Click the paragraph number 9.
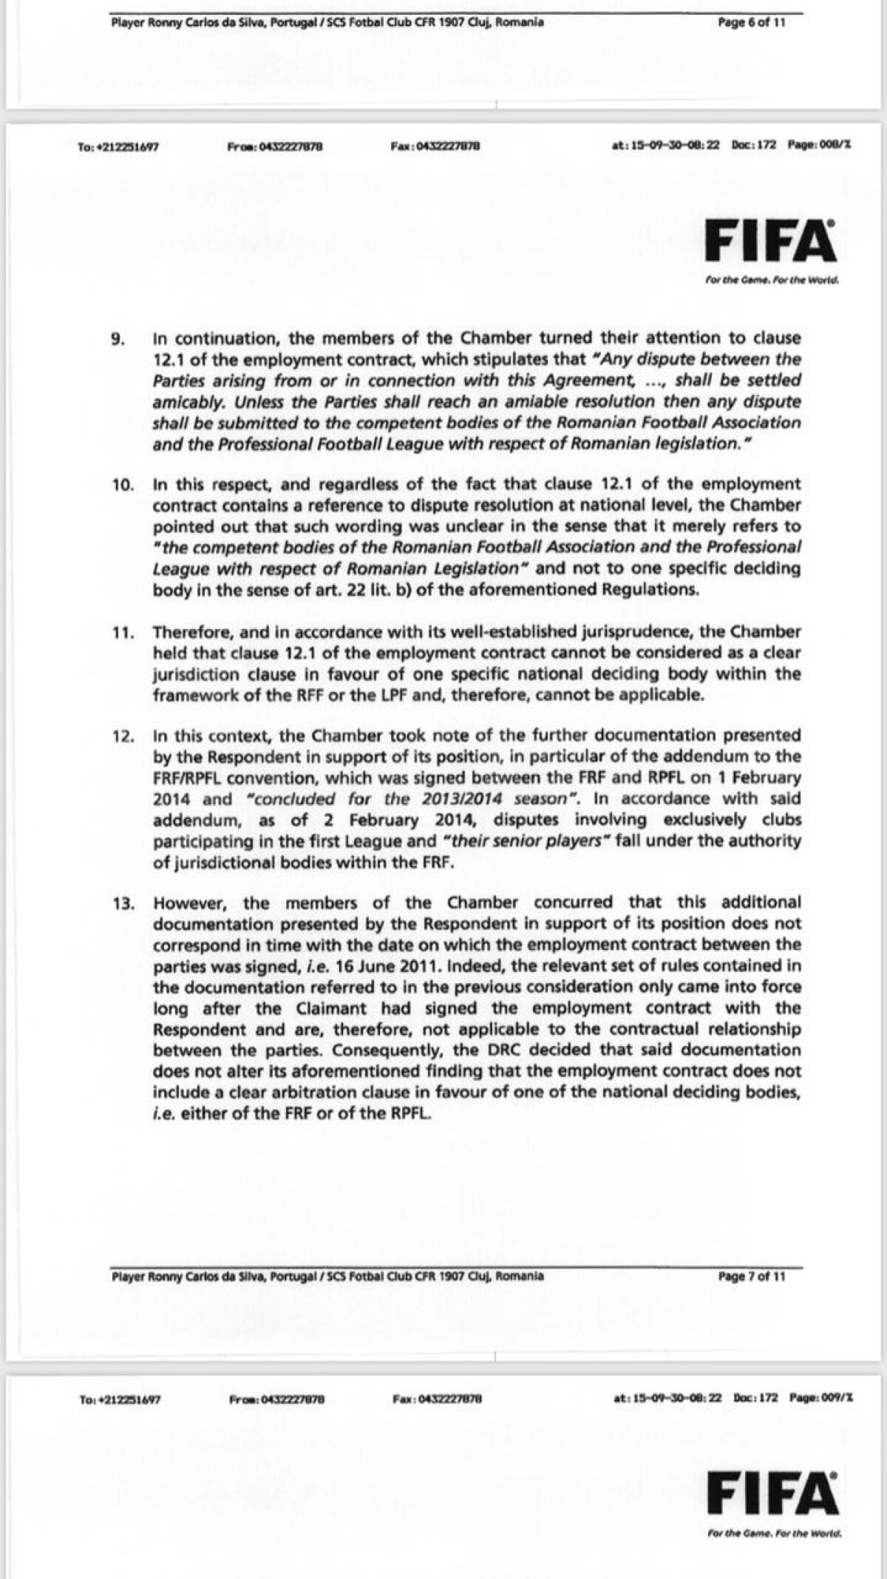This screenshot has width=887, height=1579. coord(118,339)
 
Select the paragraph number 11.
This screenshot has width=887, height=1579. coord(120,633)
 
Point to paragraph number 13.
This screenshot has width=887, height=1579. coord(120,903)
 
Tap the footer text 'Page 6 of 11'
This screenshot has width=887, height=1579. coord(752,22)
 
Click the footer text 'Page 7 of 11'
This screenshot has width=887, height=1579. coord(752,1276)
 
